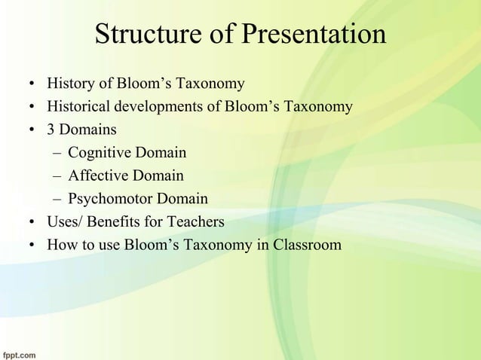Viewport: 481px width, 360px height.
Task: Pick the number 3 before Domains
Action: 51,130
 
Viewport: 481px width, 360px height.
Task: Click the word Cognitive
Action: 100,154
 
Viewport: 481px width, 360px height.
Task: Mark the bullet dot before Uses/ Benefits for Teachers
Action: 32,223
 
